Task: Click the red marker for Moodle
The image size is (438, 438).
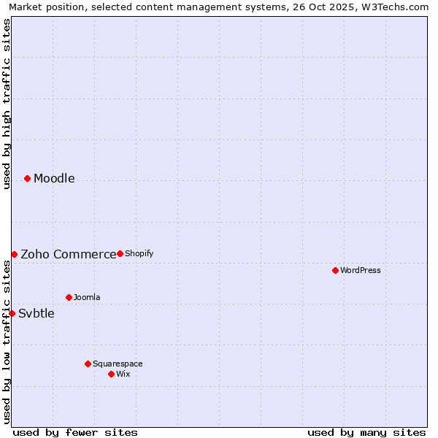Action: pos(27,178)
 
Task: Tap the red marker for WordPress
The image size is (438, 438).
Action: pos(335,270)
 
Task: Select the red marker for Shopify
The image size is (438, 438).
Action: pos(120,253)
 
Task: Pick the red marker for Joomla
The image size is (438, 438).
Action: pos(69,297)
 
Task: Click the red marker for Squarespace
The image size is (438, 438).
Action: pos(88,364)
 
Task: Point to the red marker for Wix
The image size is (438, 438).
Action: pos(111,374)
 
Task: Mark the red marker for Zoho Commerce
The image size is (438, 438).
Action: pos(14,254)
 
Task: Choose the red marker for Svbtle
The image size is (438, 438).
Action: pos(12,313)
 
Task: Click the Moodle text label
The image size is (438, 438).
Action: pos(54,179)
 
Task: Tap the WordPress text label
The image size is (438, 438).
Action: pos(361,271)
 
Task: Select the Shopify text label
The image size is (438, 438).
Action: pos(139,254)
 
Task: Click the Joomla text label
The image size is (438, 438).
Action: pos(87,298)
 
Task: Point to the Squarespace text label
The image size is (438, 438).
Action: pos(118,364)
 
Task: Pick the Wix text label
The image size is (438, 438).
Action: pos(123,374)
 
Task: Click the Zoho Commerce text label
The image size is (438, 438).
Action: pos(68,255)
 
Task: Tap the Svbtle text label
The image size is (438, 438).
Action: pos(36,314)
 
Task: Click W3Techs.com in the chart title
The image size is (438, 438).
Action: pos(396,7)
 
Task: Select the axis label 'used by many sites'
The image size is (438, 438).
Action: pos(366,432)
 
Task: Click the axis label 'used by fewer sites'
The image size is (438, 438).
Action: pos(75,432)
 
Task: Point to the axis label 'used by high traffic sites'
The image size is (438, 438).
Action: pos(7,104)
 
